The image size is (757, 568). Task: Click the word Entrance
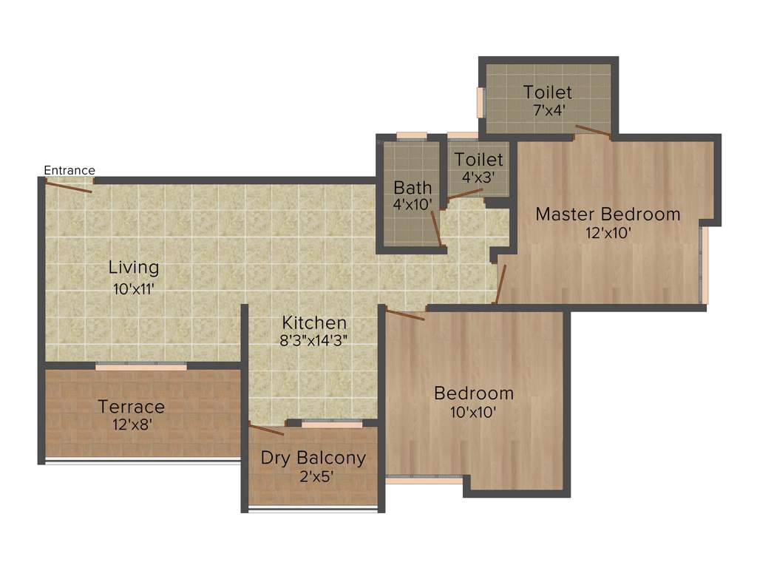click(x=69, y=170)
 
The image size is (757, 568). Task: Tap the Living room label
click(x=134, y=267)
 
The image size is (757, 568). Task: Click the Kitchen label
click(x=314, y=322)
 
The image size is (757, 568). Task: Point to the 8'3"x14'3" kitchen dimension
click(x=314, y=341)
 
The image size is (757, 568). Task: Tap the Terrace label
click(x=132, y=407)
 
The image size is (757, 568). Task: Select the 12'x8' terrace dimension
click(x=132, y=425)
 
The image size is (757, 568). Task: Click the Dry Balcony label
click(x=313, y=458)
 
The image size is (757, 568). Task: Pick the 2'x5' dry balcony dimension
click(x=313, y=477)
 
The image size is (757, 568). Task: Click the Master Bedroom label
click(x=608, y=214)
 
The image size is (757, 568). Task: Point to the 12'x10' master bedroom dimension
click(x=608, y=233)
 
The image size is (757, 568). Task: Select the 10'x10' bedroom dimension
click(x=473, y=412)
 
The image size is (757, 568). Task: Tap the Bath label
click(x=413, y=186)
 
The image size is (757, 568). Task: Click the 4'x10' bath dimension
click(x=413, y=205)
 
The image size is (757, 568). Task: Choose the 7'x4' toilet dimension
click(x=547, y=112)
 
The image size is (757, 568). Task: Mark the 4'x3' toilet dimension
click(x=478, y=178)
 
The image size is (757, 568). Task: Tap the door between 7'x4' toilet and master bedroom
click(x=593, y=132)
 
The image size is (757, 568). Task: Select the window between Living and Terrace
click(x=141, y=366)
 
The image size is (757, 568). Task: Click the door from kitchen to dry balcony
click(x=267, y=429)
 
